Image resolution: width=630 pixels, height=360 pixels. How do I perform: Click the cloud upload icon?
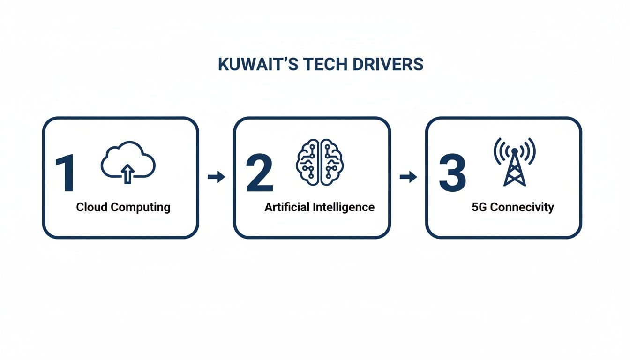[128, 162]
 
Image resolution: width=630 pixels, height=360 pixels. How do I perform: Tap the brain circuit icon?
[320, 162]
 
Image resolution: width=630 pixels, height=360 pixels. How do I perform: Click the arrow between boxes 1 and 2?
[216, 177]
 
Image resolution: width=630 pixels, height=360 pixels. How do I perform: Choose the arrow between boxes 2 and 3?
[408, 177]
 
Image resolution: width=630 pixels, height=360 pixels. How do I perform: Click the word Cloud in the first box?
[92, 207]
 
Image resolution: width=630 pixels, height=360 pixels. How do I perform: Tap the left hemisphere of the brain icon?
[308, 162]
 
